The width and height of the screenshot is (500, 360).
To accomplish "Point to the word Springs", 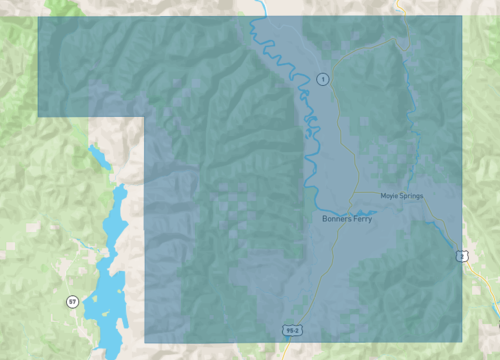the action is point(411,195).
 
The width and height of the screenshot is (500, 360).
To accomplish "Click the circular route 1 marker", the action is point(323,78).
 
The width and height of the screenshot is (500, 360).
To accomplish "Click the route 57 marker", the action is point(72,301).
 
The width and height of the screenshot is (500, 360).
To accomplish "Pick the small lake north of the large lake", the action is point(98,158).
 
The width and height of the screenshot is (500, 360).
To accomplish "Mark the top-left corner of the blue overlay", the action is point(39,17).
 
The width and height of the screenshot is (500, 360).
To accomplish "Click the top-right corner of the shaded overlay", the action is point(462,17).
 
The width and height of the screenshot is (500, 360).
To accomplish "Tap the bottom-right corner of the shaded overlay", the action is point(462,342).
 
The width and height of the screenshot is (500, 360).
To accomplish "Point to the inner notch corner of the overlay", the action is point(146,116).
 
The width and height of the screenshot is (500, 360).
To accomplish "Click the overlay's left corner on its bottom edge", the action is point(146,342).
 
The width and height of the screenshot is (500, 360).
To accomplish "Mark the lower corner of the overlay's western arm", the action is point(39,116).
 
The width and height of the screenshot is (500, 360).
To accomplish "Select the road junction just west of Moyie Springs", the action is point(352,192).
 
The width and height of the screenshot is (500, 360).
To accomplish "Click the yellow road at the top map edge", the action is point(398,3).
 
